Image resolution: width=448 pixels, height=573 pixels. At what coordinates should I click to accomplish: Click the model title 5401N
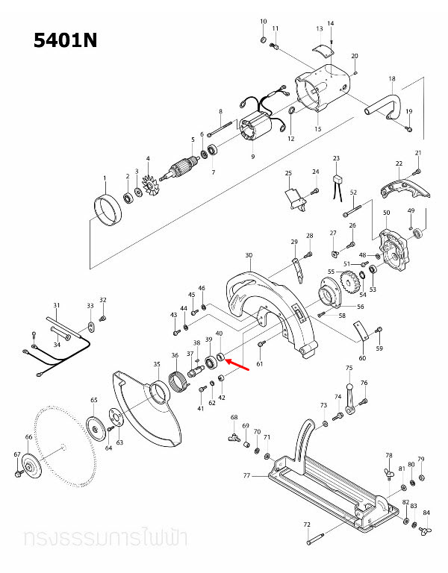click(66, 40)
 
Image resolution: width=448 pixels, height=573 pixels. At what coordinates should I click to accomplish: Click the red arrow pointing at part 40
click(240, 364)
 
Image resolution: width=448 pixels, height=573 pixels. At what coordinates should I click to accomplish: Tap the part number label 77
click(246, 475)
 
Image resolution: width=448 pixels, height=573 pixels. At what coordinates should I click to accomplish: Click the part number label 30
click(248, 255)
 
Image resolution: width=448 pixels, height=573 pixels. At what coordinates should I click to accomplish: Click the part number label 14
click(331, 24)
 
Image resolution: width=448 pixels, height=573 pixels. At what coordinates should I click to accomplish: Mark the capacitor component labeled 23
click(337, 180)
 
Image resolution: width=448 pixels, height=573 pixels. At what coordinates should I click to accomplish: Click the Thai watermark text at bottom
click(105, 538)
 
